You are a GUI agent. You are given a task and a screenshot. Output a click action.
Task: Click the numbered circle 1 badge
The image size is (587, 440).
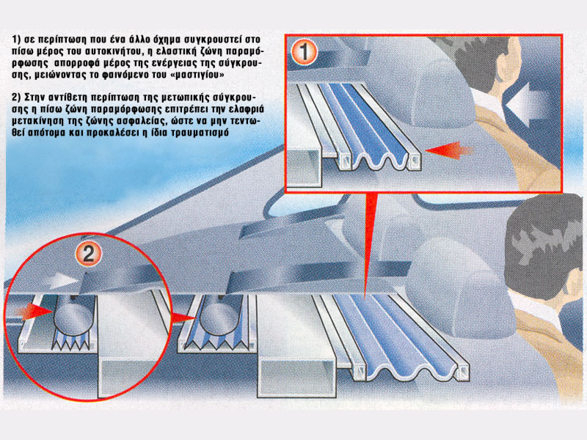304,52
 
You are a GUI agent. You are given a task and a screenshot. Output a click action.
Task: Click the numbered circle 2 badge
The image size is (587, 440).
89,254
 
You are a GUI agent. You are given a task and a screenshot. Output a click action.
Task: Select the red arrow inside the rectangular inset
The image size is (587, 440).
449,150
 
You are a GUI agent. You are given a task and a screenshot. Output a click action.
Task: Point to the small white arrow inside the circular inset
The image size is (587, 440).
64,280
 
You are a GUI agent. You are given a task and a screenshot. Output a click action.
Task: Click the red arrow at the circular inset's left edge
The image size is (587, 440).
34,311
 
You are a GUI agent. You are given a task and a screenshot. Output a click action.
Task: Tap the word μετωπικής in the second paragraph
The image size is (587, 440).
186,98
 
